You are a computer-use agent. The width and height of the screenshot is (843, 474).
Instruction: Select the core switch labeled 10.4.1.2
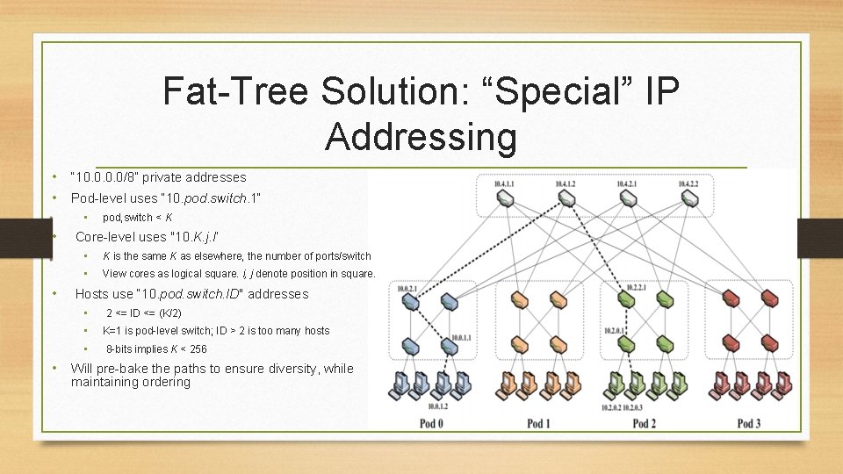click(566, 199)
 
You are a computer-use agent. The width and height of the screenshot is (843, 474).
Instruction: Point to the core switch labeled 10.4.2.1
click(630, 199)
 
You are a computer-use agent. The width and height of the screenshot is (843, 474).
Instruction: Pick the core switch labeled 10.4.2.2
click(690, 199)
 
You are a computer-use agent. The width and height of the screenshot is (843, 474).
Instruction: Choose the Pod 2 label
click(644, 424)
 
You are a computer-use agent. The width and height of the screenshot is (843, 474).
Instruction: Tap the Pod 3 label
click(748, 424)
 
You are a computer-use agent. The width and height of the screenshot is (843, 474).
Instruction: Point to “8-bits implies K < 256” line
click(156, 348)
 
